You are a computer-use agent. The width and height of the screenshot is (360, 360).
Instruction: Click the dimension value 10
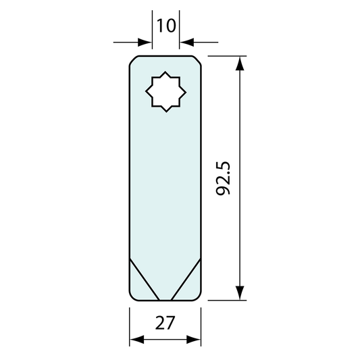pos(166,26)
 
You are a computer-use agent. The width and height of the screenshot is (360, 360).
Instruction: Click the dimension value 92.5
pos(223,178)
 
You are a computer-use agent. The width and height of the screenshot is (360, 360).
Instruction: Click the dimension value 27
pos(165,323)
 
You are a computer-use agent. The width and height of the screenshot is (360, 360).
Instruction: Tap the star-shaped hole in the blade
pos(165,92)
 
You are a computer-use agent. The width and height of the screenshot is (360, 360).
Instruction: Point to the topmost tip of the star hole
pos(165,72)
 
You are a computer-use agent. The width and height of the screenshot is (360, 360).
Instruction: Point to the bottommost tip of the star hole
pos(166,112)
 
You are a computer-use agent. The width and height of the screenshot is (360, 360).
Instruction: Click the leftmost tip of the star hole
pos(146,92)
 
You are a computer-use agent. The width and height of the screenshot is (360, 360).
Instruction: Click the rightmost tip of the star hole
pos(186,93)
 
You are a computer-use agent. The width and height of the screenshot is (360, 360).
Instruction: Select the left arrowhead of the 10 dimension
pos(145,43)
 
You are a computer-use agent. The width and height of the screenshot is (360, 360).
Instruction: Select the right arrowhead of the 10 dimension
pos(186,43)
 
